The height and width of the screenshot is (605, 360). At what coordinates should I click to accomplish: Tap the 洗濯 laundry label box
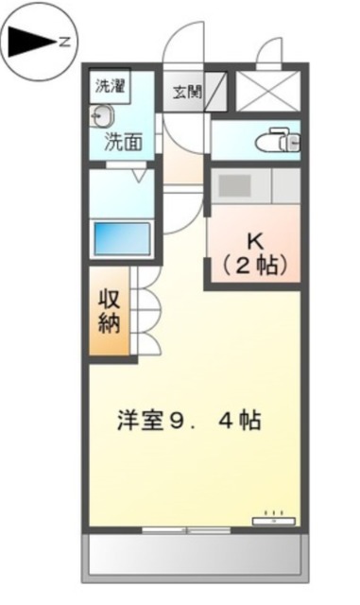(110, 85)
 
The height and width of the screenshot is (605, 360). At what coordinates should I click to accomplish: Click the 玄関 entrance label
(185, 92)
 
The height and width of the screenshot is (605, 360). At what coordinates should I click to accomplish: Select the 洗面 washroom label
(123, 144)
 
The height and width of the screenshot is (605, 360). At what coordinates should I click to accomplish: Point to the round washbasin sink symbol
(100, 116)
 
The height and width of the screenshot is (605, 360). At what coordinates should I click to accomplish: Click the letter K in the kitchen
(254, 239)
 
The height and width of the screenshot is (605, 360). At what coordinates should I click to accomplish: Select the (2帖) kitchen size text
(254, 266)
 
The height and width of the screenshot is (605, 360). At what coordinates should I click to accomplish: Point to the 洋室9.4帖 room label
(189, 420)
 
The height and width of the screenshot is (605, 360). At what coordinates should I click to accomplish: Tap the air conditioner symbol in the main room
(274, 519)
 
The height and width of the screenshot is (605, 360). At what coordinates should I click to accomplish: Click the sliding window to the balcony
(184, 530)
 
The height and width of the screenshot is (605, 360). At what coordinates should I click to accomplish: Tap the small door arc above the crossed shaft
(271, 52)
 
